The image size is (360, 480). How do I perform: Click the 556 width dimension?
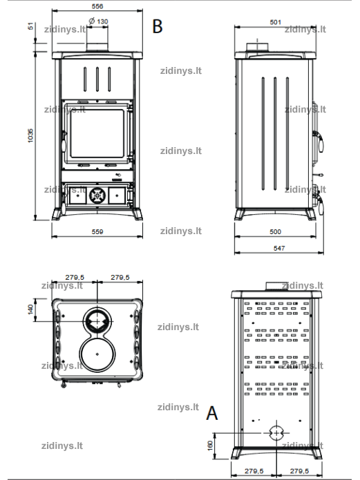coord(97,6)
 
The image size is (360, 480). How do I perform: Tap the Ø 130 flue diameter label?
coord(98,21)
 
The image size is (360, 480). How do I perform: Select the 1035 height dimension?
coord(30,135)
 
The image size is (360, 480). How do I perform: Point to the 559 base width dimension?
coord(97,232)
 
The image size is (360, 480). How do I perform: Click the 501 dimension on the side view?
coord(275,22)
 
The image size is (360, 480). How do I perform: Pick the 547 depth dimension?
coord(278,248)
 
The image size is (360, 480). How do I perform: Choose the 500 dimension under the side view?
coord(275,232)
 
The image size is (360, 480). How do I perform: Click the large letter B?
coord(157,26)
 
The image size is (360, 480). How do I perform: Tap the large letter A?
coord(212,413)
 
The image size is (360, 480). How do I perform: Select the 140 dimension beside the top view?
coord(30,309)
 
